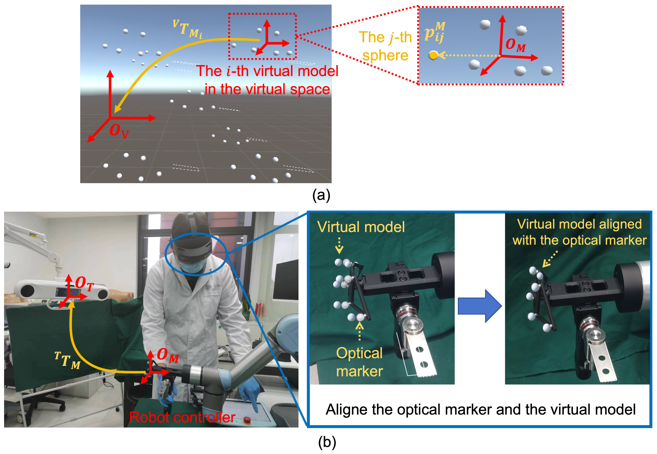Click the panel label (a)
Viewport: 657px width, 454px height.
(x=321, y=195)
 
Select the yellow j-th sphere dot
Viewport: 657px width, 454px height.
(x=433, y=55)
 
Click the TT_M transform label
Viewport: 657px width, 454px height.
(x=68, y=360)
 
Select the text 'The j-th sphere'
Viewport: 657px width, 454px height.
(x=385, y=46)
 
